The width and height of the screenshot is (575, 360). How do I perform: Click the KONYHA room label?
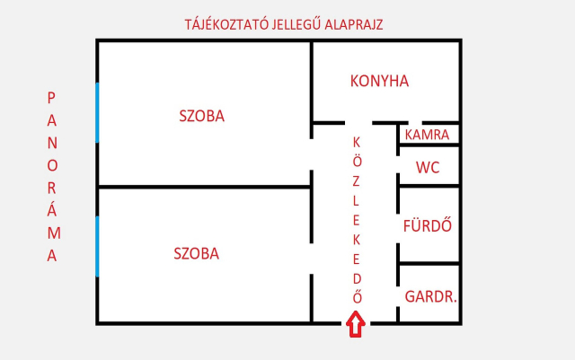(x=379, y=81)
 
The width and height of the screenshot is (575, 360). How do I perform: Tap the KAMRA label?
(x=427, y=135)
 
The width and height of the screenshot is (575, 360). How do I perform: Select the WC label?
(x=428, y=168)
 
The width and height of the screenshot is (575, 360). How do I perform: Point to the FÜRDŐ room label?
(x=428, y=225)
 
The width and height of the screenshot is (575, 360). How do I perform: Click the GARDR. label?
(x=430, y=296)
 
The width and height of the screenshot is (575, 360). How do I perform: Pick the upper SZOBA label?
(x=201, y=116)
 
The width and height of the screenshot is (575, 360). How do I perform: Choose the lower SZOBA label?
(x=196, y=254)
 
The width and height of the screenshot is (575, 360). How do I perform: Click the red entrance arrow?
(x=356, y=324)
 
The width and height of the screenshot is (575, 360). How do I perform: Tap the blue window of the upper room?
(x=97, y=112)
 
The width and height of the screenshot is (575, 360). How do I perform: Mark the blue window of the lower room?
(x=97, y=246)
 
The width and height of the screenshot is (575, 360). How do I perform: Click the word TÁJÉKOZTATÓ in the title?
(x=226, y=24)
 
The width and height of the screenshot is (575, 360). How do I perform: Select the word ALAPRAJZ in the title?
(x=354, y=25)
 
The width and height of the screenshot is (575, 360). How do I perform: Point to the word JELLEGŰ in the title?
(x=296, y=24)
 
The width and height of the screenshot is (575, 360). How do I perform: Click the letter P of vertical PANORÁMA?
(x=51, y=98)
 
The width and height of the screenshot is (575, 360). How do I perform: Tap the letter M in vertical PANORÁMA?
(x=54, y=233)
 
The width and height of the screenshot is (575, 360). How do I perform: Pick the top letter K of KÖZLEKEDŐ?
(x=357, y=142)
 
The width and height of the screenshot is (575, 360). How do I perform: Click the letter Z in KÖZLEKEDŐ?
(x=356, y=181)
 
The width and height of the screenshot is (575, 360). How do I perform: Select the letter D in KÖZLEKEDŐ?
(x=357, y=279)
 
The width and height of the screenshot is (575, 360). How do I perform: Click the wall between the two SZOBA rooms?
(x=204, y=187)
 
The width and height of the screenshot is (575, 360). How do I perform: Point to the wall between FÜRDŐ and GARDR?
(x=429, y=263)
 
